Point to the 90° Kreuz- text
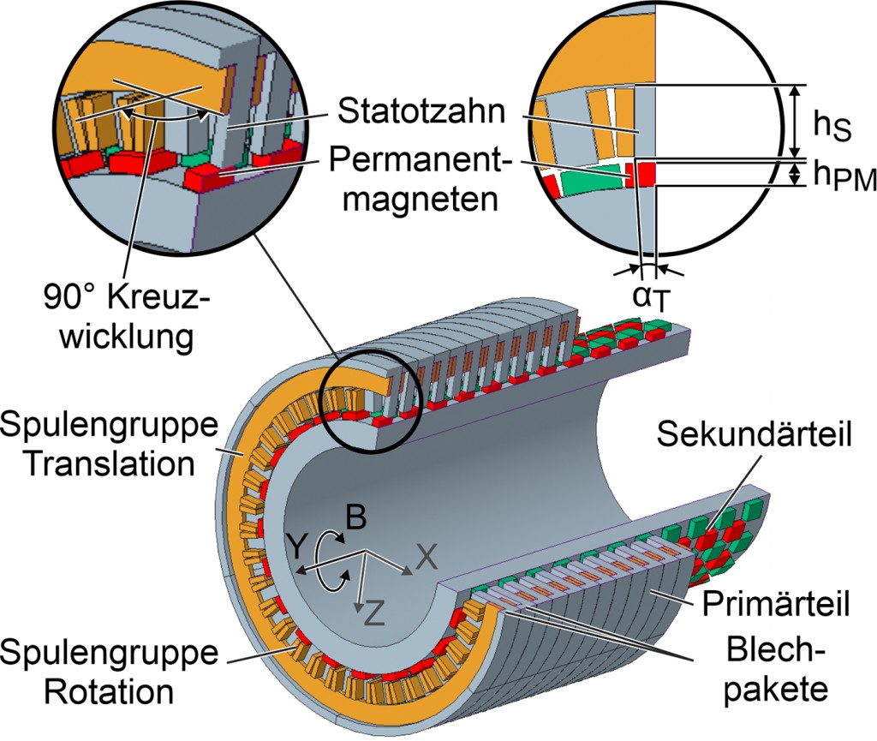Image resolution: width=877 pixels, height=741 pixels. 126,302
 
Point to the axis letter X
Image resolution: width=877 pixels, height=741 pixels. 427,558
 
